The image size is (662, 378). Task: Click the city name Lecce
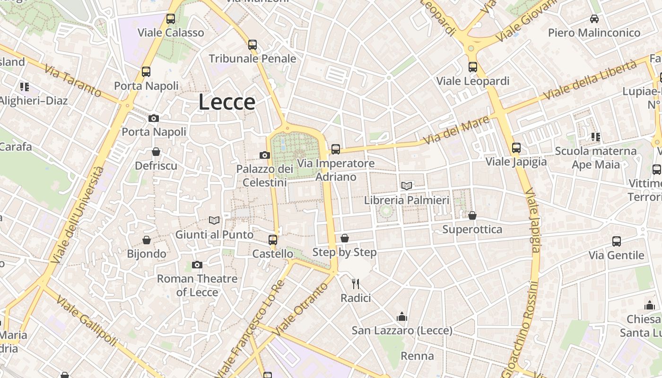click(x=227, y=102)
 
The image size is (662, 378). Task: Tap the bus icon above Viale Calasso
click(x=171, y=19)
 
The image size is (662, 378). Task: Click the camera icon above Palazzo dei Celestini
click(x=265, y=155)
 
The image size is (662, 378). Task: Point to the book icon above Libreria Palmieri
click(x=407, y=186)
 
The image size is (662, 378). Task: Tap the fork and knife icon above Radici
click(x=356, y=284)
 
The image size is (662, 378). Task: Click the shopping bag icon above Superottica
click(x=472, y=216)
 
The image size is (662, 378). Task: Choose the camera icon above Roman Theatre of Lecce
click(x=197, y=265)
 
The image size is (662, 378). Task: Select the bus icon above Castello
click(x=273, y=240)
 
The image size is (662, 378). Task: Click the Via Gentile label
click(x=616, y=256)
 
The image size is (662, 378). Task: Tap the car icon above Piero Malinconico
click(x=594, y=19)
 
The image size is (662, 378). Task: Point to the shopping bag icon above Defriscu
click(x=156, y=152)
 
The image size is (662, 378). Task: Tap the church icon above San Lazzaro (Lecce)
click(x=402, y=317)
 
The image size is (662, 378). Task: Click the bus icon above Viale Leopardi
click(x=473, y=67)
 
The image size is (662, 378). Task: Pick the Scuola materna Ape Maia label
click(x=595, y=158)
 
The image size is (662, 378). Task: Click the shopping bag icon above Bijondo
click(x=147, y=241)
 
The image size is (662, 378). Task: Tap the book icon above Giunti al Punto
click(x=214, y=220)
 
